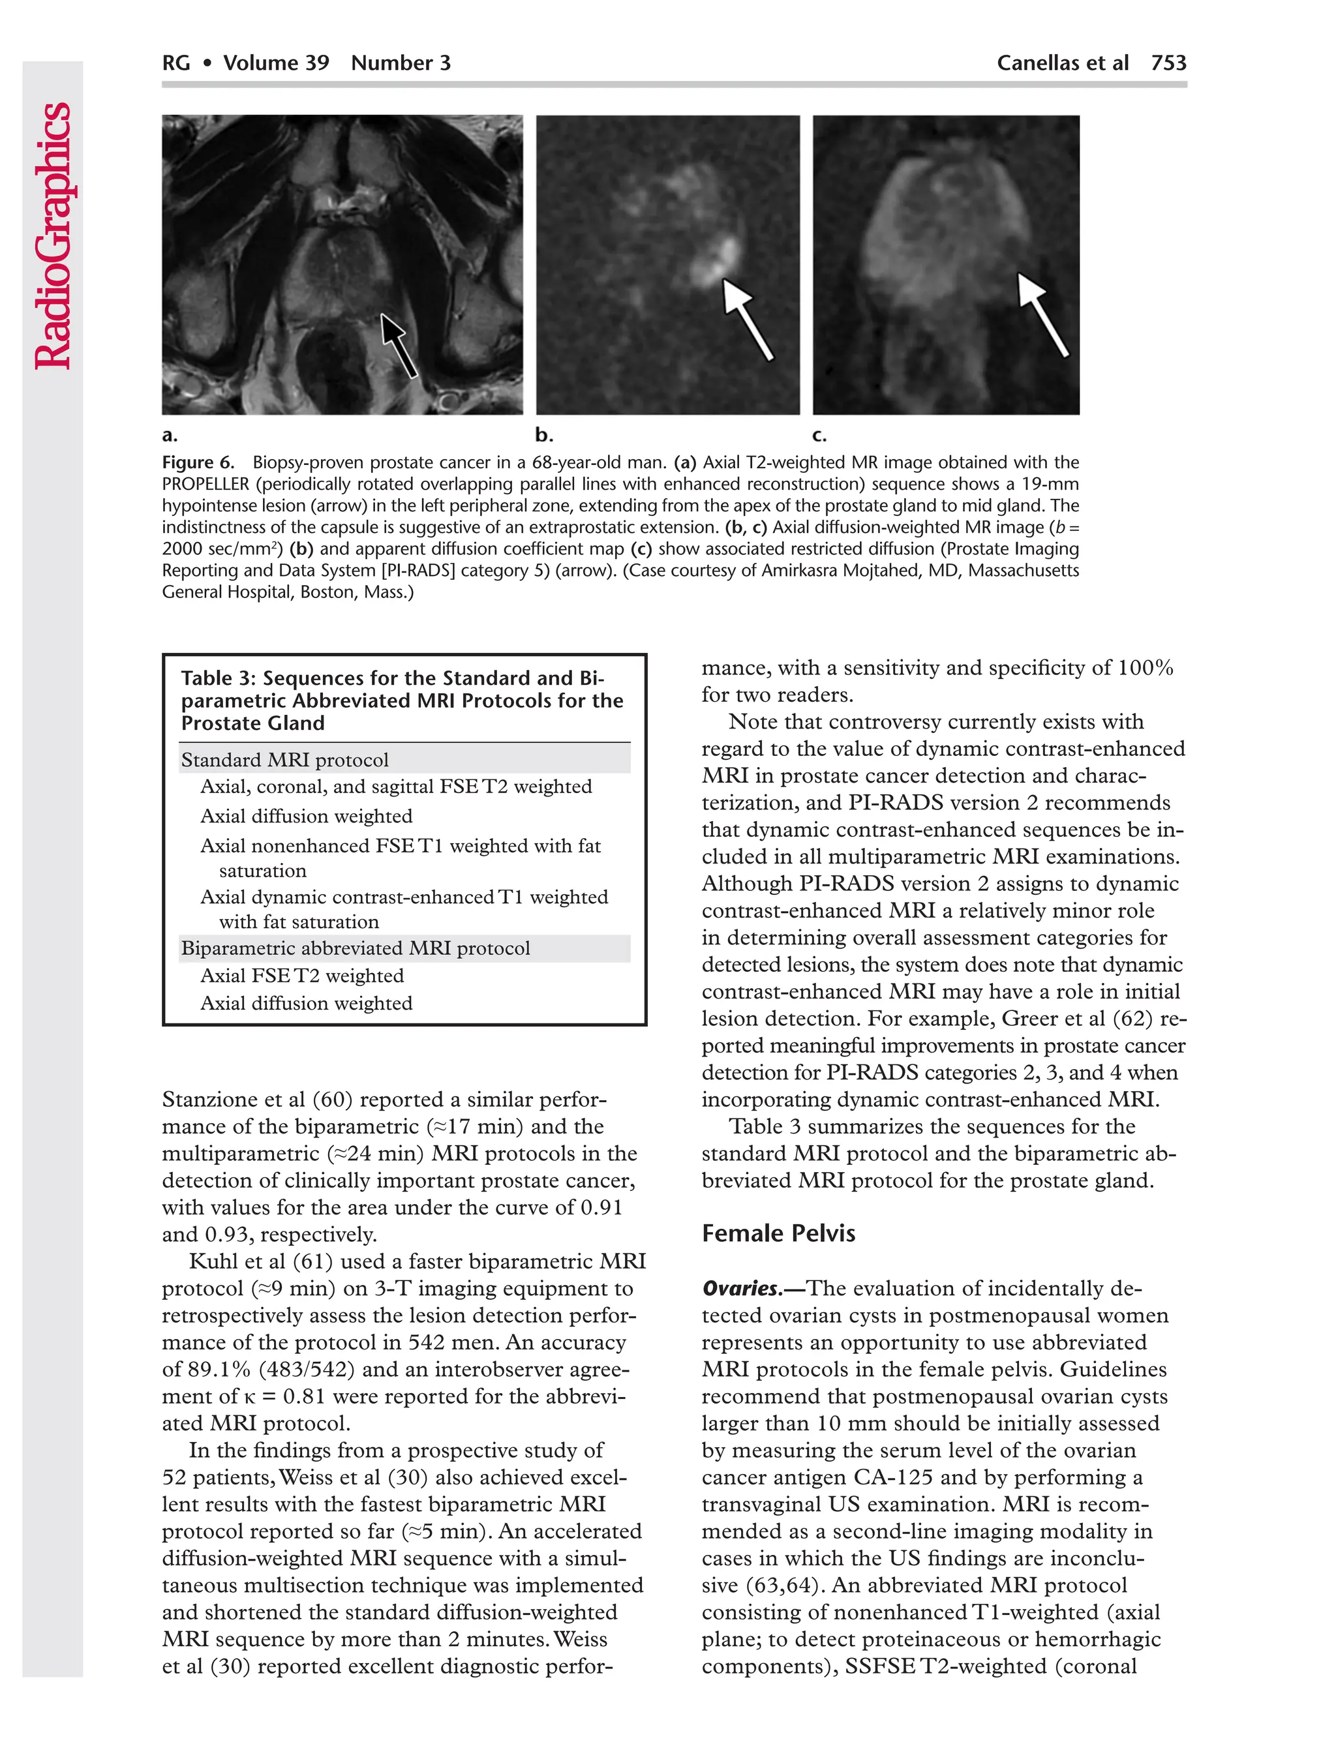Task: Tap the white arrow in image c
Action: coord(1042,314)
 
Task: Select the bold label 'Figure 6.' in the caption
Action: coord(198,462)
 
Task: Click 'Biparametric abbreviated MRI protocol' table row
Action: coord(355,948)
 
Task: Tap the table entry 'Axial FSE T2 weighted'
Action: coord(302,975)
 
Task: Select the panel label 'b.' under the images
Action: coord(544,436)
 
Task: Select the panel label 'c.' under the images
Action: coord(819,436)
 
